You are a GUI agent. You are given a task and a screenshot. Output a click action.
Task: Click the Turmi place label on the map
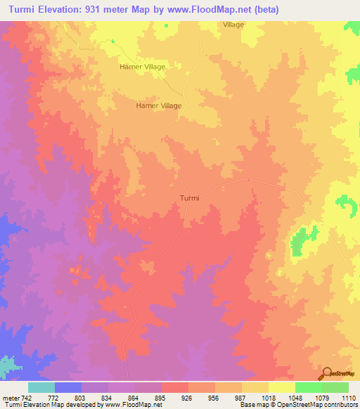188,197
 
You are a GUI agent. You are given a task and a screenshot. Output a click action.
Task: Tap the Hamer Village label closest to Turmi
158,105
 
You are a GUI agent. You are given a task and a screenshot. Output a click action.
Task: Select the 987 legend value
238,398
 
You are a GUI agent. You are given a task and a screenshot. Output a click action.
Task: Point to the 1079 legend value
321,398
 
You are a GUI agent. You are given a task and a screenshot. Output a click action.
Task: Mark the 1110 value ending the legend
347,398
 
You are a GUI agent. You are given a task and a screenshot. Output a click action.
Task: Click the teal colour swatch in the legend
41,387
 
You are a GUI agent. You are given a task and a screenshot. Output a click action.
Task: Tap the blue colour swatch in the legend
67,387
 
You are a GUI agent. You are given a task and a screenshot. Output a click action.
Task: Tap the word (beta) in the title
266,10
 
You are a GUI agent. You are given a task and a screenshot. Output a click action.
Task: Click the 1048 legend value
295,398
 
